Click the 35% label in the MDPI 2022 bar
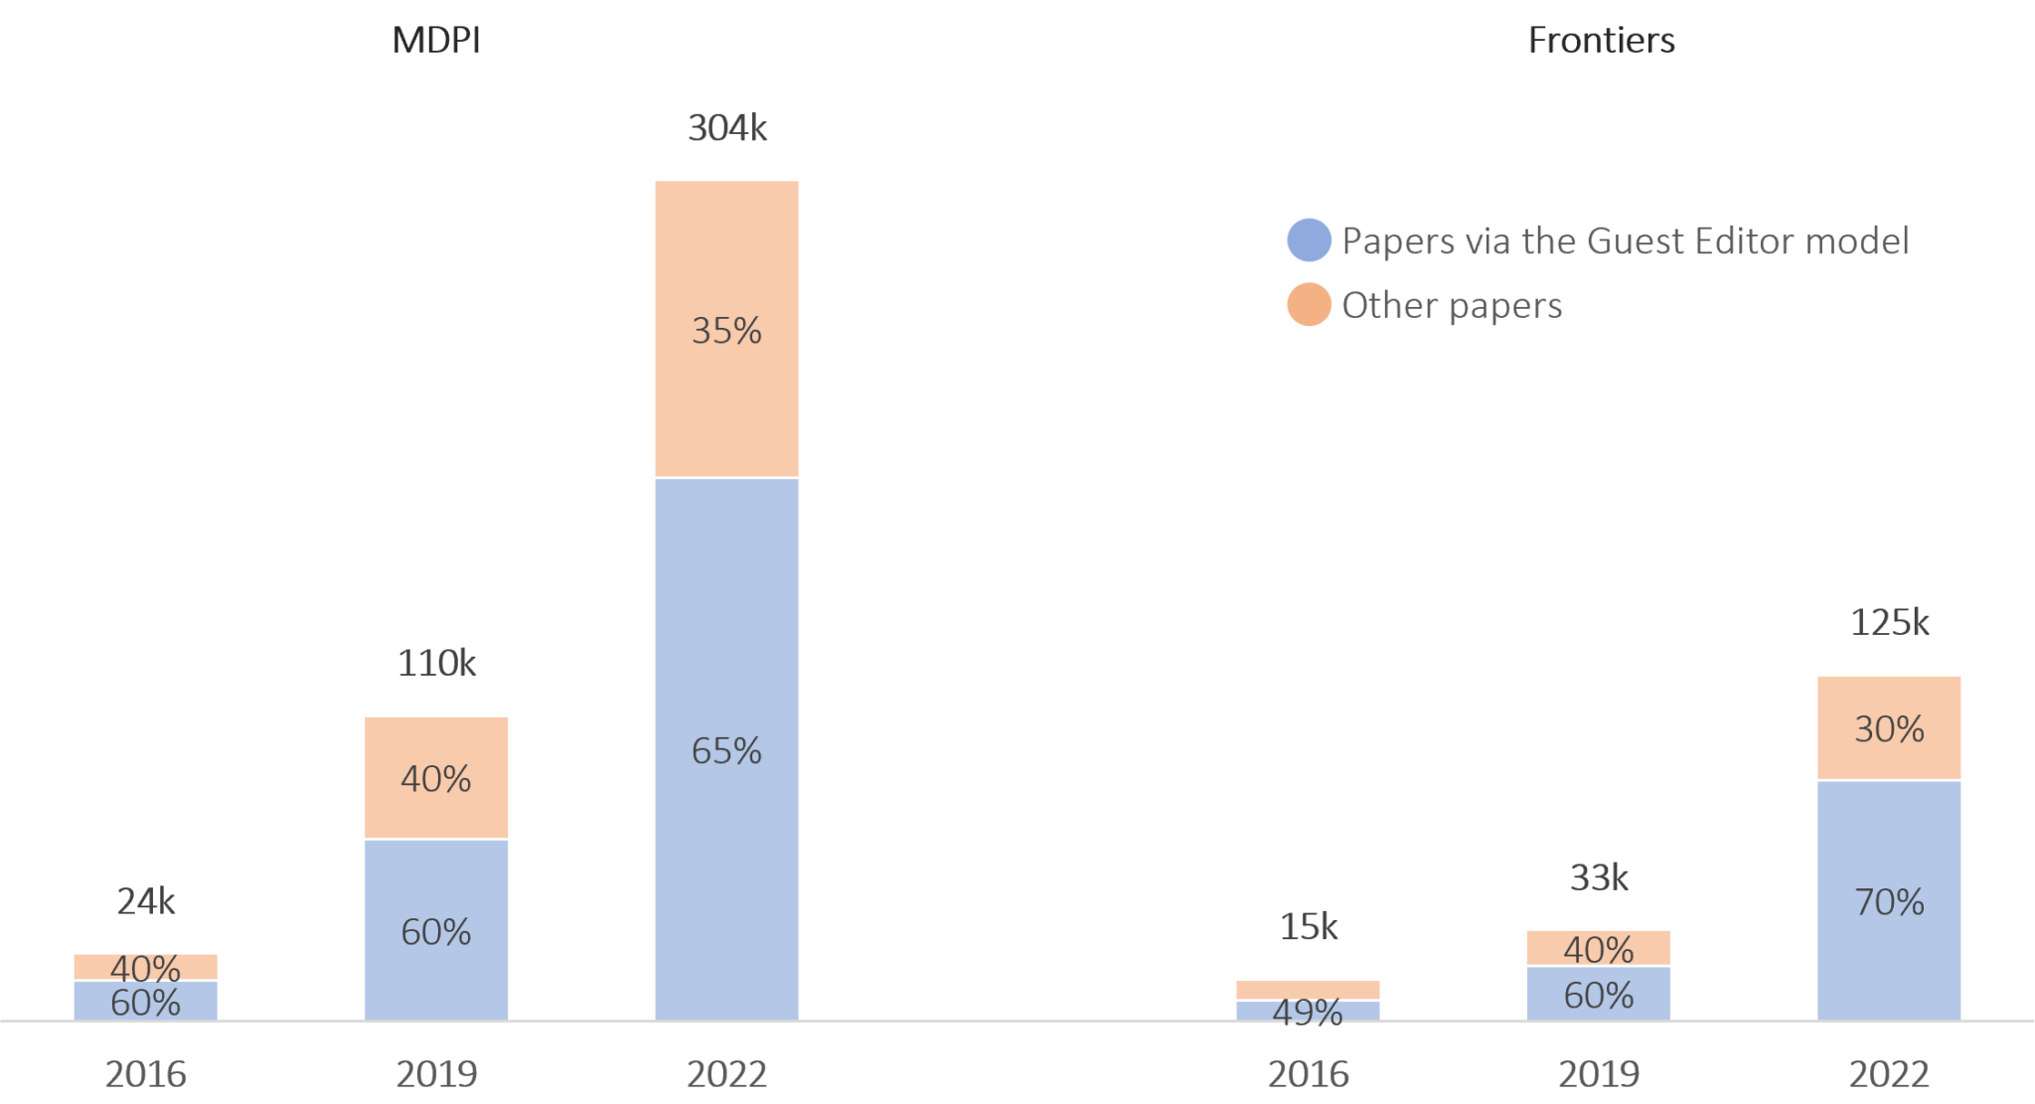tap(726, 331)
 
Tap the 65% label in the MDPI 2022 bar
tap(726, 751)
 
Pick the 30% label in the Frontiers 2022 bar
tap(1889, 729)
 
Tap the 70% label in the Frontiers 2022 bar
tap(1889, 902)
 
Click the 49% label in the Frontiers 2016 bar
tap(1308, 1011)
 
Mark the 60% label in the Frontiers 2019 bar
tap(1599, 996)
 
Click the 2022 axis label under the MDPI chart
tap(727, 1074)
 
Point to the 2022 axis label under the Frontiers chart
tap(1889, 1074)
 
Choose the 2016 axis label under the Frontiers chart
tap(1308, 1074)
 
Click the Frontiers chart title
tap(1602, 40)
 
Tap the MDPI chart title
tap(437, 40)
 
